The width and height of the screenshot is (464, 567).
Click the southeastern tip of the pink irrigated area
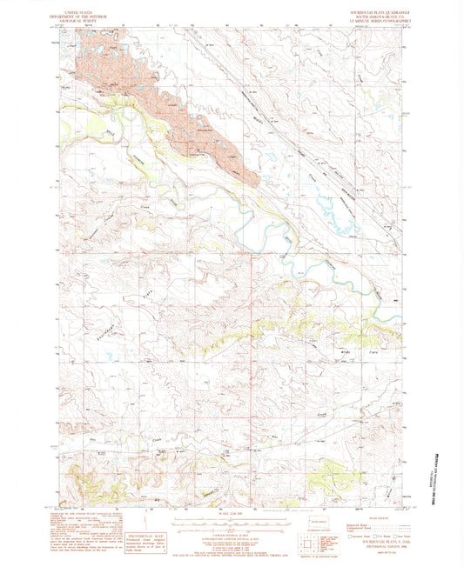(x=255, y=182)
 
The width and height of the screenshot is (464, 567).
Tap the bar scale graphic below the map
(x=232, y=523)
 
